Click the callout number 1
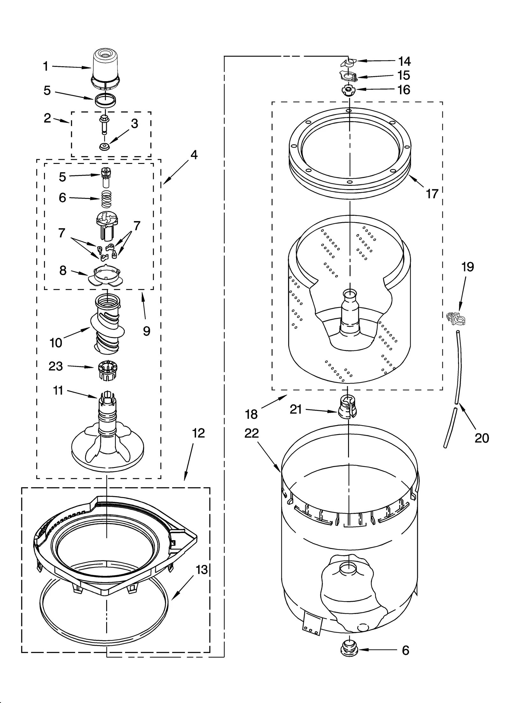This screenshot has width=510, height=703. coord(46,66)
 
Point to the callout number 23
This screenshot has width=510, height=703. coord(55,366)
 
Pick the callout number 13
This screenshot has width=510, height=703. coord(202,569)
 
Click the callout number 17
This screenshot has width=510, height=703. coord(432,193)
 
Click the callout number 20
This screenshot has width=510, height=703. coord(482,438)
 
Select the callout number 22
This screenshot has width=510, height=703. coord(251,433)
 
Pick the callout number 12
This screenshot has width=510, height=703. coord(198,433)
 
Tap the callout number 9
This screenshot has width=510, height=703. coord(146,331)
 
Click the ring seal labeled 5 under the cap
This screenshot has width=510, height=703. coord(105,100)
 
